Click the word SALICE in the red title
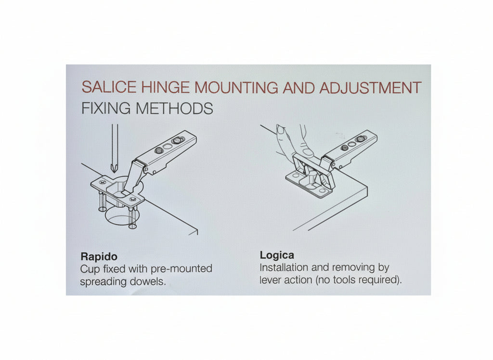pyautogui.click(x=109, y=87)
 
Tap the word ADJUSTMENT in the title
pyautogui.click(x=370, y=88)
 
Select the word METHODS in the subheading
pyautogui.click(x=174, y=108)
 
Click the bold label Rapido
pyautogui.click(x=99, y=256)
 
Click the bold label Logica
pyautogui.click(x=277, y=255)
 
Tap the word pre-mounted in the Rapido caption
pyautogui.click(x=182, y=269)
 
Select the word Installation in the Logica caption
pyautogui.click(x=284, y=267)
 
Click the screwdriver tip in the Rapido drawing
pyautogui.click(x=115, y=173)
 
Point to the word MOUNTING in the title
pyautogui.click(x=236, y=88)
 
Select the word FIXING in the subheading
pyautogui.click(x=106, y=108)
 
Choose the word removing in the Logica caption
pyautogui.click(x=353, y=267)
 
